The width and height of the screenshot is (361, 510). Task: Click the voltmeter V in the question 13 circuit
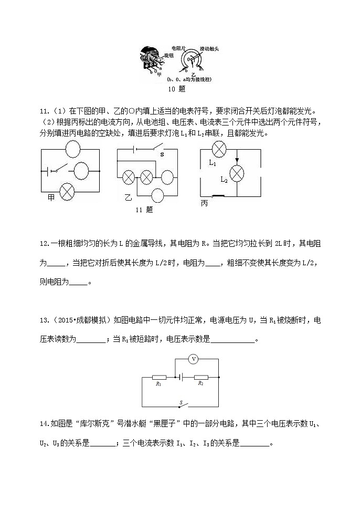click(194, 359)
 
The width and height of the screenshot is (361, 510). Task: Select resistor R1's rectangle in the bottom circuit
click(159, 377)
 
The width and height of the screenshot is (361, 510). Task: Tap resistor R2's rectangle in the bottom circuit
click(201, 377)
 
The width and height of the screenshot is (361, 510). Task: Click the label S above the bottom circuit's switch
click(181, 403)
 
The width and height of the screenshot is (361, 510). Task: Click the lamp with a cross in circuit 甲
click(67, 191)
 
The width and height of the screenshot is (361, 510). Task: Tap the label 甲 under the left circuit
click(51, 197)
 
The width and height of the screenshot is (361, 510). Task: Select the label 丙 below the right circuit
click(205, 203)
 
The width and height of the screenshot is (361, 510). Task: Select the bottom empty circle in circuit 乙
click(158, 196)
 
